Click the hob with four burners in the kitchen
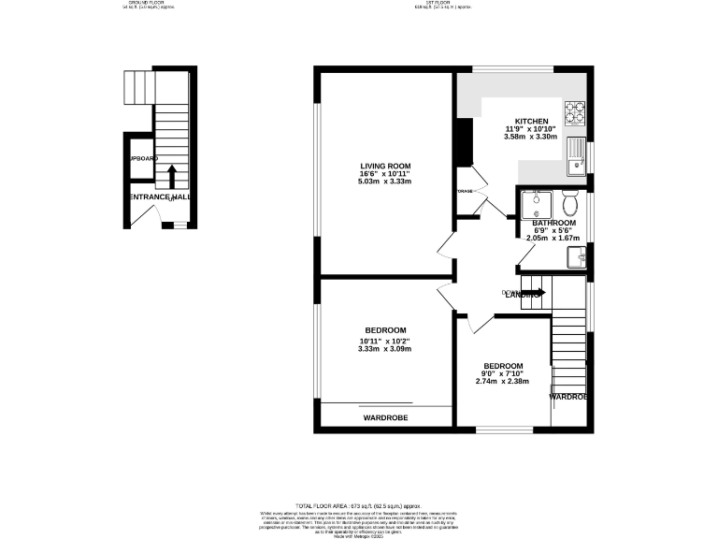[x=578, y=113]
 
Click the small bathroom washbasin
[x=582, y=255]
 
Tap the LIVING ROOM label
[x=386, y=166]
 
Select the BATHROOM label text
[x=553, y=223]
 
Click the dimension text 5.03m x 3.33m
[x=386, y=182]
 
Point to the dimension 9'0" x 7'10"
[x=502, y=373]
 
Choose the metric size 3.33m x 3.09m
[x=385, y=349]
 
